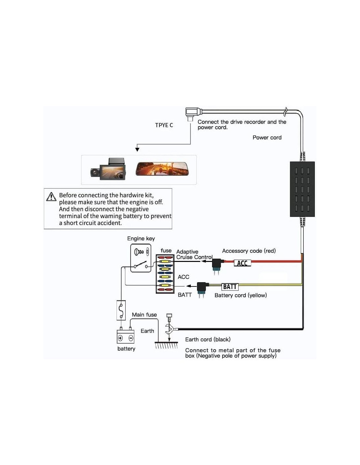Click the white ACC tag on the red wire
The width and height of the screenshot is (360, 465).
tap(242, 263)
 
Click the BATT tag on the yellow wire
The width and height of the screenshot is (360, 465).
tap(230, 287)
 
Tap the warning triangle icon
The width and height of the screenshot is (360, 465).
tap(51, 197)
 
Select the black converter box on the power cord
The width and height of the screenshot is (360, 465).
tap(302, 189)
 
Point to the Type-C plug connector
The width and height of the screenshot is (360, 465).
tap(191, 113)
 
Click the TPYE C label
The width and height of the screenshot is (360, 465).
tap(164, 125)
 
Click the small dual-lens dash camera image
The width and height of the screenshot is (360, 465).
tap(108, 169)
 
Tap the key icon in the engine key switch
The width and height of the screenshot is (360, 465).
tap(139, 252)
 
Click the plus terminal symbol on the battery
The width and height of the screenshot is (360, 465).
tap(120, 338)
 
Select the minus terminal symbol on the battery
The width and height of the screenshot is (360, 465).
tap(131, 338)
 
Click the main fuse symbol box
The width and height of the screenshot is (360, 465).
tap(121, 310)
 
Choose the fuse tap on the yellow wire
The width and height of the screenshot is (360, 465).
tap(202, 288)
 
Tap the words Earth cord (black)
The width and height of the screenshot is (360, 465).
tap(208, 339)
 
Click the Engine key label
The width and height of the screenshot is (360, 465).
tap(141, 238)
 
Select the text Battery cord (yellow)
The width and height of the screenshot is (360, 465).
tap(241, 295)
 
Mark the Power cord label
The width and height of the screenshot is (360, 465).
tap(267, 138)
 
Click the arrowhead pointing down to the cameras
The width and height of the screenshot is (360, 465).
tap(137, 149)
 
